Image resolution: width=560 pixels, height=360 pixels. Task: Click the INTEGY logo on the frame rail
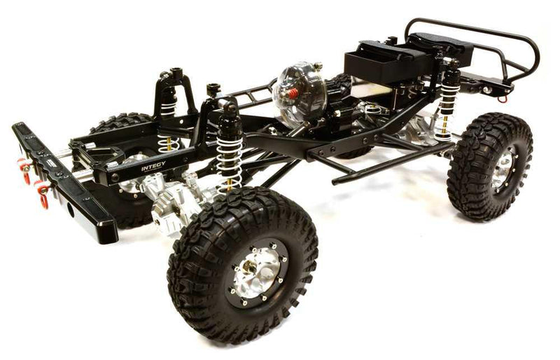(x=153, y=168)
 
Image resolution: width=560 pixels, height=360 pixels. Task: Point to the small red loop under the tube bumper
(x=503, y=97)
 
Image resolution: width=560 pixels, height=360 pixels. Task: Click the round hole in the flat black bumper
(x=71, y=208)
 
